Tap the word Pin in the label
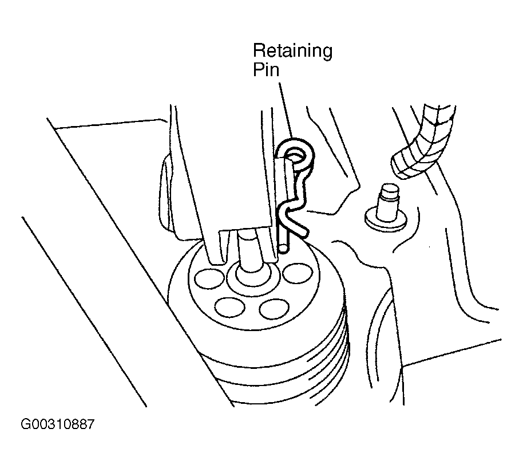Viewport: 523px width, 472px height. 266,70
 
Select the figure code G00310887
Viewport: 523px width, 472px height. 58,424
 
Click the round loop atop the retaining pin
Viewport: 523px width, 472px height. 295,154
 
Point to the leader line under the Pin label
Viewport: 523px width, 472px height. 286,110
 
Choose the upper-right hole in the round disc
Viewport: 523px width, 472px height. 298,273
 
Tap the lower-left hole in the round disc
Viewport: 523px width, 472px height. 230,307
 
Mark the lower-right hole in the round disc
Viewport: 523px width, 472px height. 274,309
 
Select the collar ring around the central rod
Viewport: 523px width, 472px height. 252,279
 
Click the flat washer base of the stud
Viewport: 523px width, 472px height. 386,221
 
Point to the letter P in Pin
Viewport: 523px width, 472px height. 258,69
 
